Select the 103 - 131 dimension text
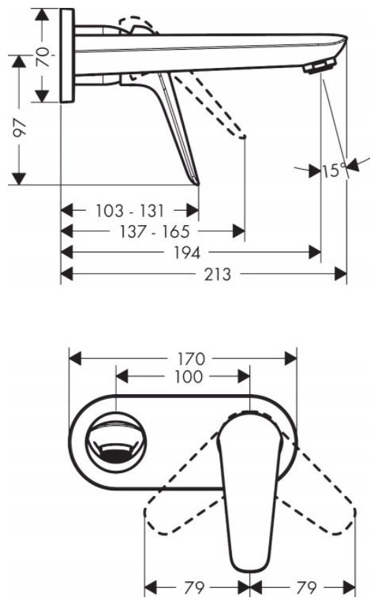pos(130,211)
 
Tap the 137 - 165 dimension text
pos(155,232)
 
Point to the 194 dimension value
pos(187,253)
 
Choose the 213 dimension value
pos(217,274)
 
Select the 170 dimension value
pos(191,359)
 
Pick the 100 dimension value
pos(189,377)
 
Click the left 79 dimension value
pos(194,588)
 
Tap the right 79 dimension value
pos(306,588)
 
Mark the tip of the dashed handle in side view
pos(243,137)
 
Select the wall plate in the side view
pos(67,55)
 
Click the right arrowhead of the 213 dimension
pos(341,274)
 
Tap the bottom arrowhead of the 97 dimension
pos(18,178)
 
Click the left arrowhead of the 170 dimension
pos(75,359)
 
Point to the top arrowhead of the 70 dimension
pos(43,15)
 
